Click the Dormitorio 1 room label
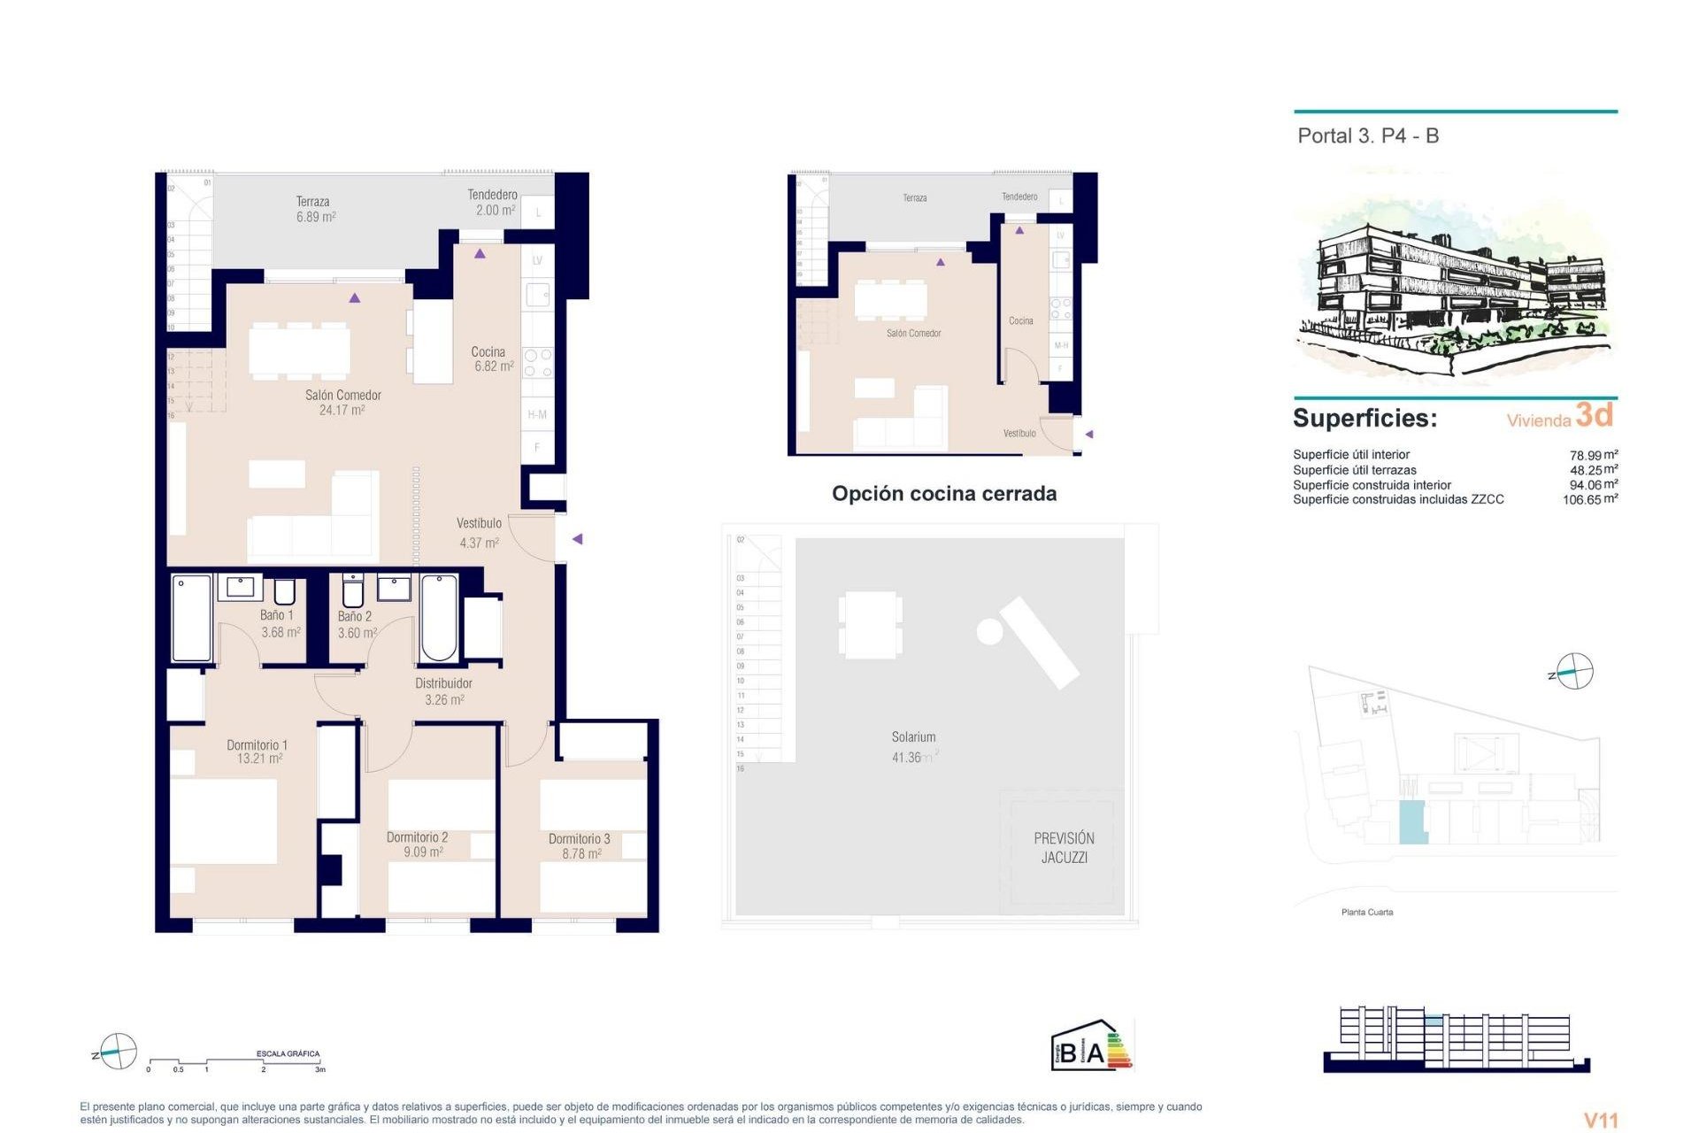[257, 745]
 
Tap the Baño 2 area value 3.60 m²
[357, 633]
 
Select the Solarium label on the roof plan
[913, 736]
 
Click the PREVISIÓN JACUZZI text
[1064, 847]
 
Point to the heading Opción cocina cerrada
[943, 494]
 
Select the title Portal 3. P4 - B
[1368, 136]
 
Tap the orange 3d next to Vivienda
[1595, 414]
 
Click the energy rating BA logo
[1090, 1046]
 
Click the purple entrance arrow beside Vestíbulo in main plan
[577, 539]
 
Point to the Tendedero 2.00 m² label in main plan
[492, 202]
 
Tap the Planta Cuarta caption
[1367, 912]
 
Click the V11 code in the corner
[1600, 1121]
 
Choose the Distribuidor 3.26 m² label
[443, 691]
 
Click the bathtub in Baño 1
[191, 618]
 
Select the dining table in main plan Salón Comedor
[299, 351]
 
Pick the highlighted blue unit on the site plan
[1411, 821]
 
